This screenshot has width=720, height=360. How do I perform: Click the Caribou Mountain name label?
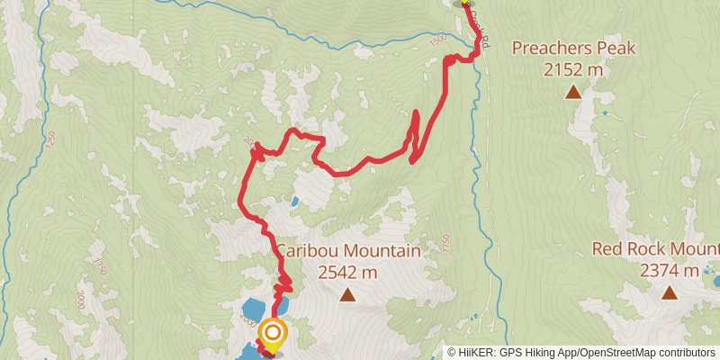[x=348, y=251]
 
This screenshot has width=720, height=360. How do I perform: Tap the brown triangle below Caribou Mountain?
[x=347, y=293]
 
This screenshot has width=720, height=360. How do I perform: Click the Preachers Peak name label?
[x=572, y=49]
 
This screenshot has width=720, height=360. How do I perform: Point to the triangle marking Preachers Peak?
[x=572, y=91]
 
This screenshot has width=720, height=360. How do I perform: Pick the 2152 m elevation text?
[x=572, y=69]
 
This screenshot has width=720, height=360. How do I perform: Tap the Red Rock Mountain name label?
[x=656, y=249]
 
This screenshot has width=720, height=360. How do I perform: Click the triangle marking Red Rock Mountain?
[x=669, y=292]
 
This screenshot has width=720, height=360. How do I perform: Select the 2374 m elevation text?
[x=669, y=271]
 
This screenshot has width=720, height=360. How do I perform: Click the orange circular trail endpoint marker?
[x=272, y=335]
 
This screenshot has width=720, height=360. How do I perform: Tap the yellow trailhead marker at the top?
[x=465, y=3]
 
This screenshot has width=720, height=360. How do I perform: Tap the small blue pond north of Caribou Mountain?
[x=293, y=202]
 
